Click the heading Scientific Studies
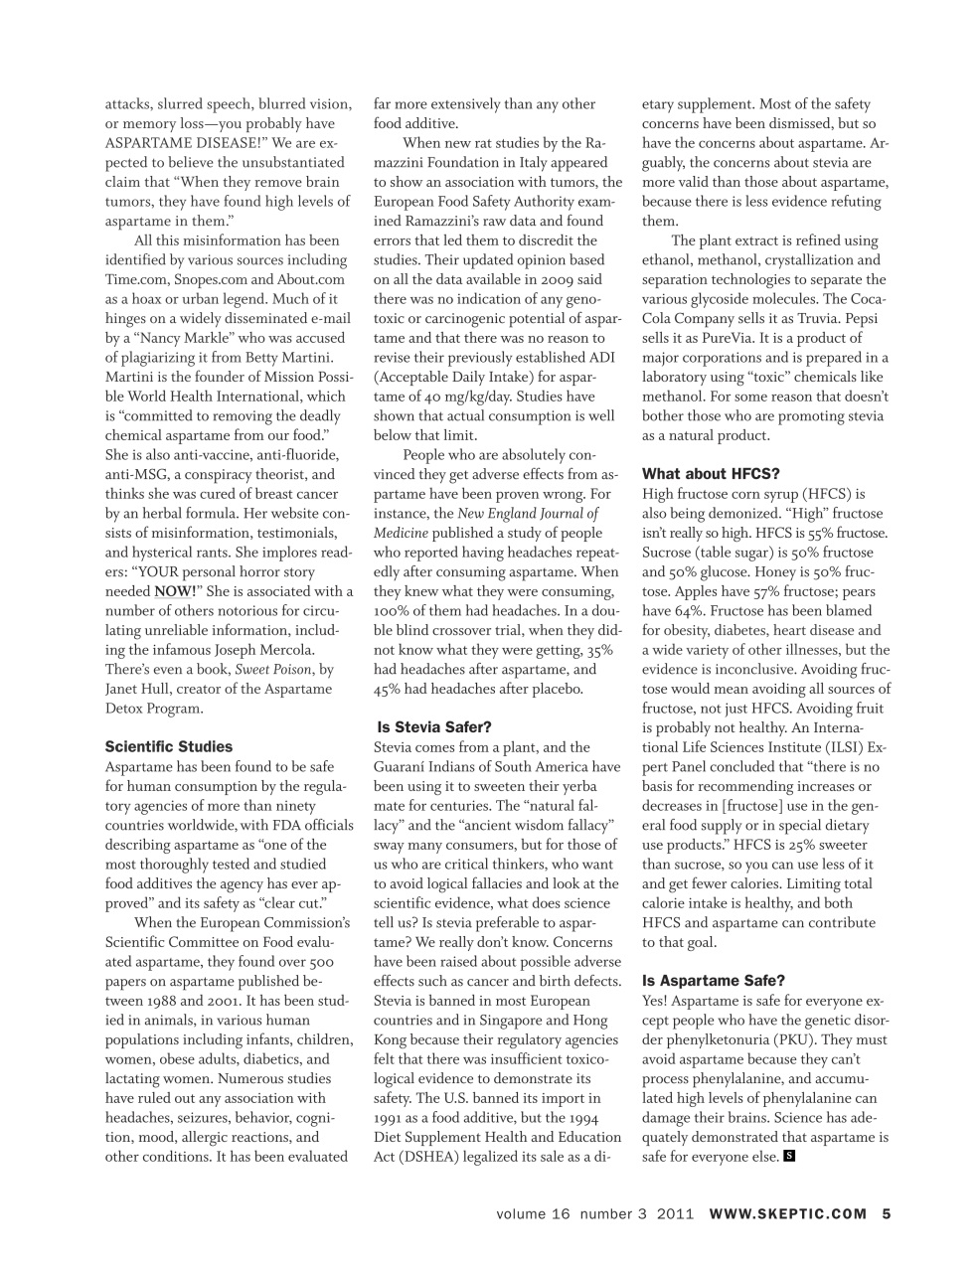(168, 746)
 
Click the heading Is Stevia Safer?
(434, 727)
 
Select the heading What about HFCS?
(711, 473)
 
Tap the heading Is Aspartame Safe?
(713, 980)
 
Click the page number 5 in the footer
(886, 1212)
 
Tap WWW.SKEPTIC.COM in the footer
(788, 1212)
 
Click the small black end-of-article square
(789, 1156)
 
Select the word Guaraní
(403, 766)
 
